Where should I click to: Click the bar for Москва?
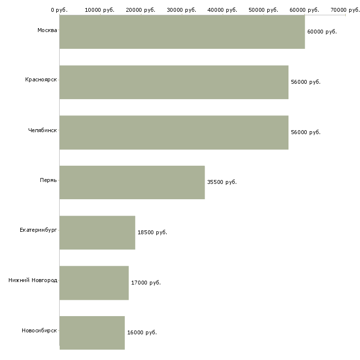[182, 32]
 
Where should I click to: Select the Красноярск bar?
[174, 82]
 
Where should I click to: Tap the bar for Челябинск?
[174, 133]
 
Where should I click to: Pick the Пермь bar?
[132, 182]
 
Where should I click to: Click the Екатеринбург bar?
[97, 233]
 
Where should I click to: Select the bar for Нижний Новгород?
[94, 283]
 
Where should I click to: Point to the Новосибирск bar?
[92, 333]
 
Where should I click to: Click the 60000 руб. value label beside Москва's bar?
[322, 32]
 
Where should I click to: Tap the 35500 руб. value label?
[222, 182]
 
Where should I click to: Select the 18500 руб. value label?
[152, 233]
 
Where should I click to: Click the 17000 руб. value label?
[146, 283]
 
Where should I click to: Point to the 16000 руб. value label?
[142, 333]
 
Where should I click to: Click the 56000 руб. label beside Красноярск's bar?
[306, 82]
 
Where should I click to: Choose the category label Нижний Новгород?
[33, 280]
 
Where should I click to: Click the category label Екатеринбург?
[38, 230]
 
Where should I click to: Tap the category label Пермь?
[48, 180]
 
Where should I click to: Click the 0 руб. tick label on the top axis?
[59, 10]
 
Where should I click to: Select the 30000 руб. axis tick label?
[181, 10]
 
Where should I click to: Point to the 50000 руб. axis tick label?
[263, 10]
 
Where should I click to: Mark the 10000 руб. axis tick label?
[100, 10]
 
